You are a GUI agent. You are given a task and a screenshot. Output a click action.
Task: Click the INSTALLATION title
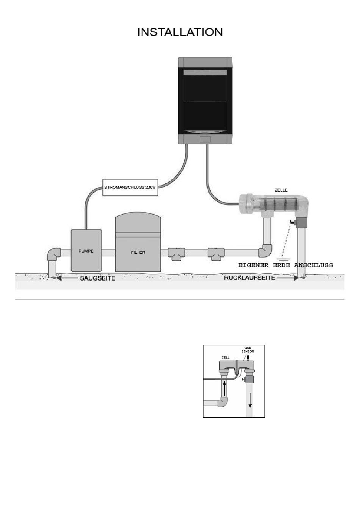pos(180,32)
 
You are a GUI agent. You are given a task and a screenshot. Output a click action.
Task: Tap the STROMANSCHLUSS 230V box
pos(130,187)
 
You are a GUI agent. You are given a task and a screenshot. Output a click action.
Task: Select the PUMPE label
pos(86,251)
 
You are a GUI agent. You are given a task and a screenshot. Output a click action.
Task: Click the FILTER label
pos(138,252)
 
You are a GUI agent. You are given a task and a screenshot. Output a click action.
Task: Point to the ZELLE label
pos(281,190)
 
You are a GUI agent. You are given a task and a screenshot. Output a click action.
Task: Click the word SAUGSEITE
pos(97,278)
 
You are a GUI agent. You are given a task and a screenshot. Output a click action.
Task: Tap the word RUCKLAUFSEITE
pos(250,278)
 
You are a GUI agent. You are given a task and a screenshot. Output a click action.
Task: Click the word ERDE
pos(281,265)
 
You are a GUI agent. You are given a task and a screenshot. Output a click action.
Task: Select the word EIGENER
pos(253,265)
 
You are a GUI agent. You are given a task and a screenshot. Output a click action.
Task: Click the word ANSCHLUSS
pos(313,265)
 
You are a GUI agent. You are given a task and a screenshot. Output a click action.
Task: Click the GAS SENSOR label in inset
pos(247,350)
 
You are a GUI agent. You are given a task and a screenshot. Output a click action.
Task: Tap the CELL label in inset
pos(225,357)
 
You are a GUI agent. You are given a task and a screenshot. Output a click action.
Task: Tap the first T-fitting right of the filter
pos(177,254)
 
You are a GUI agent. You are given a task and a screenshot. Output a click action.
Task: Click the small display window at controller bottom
pos(205,139)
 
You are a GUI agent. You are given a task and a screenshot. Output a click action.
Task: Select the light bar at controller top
pos(205,73)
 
